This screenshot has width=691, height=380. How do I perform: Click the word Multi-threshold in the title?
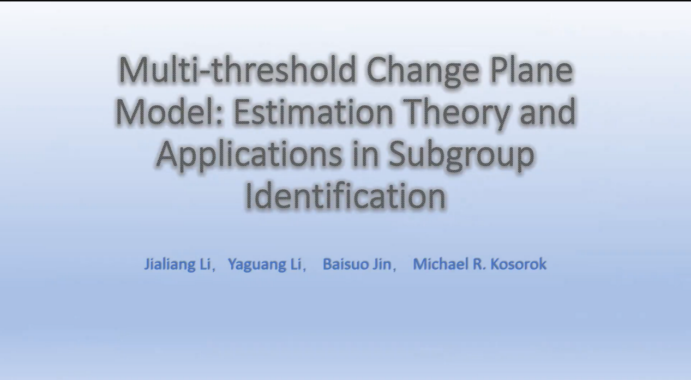237,70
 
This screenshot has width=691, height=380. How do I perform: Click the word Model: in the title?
170,111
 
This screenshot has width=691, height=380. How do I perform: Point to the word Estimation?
313,111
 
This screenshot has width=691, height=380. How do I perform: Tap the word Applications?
249,156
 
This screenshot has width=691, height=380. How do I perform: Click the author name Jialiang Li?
177,264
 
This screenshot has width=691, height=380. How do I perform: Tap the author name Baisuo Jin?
357,264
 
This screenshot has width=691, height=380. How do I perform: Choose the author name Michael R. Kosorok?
480,264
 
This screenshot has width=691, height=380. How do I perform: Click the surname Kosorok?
518,264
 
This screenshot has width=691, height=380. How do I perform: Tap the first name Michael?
440,264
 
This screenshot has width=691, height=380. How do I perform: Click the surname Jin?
381,264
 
